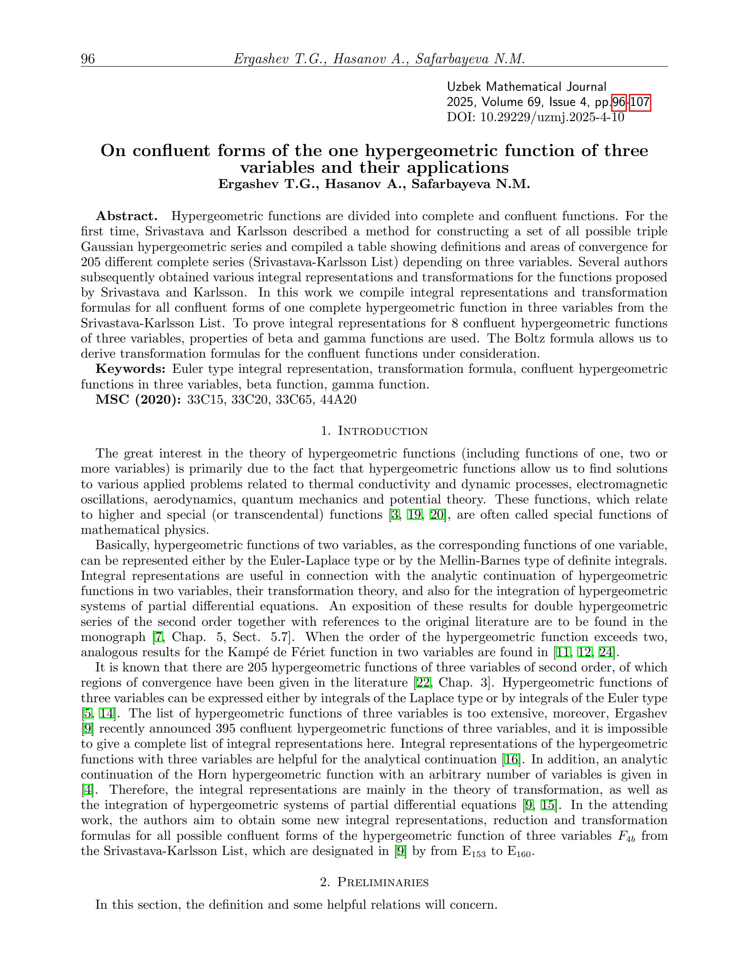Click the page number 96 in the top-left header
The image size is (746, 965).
click(x=87, y=59)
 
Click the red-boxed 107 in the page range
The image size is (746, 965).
click(x=640, y=102)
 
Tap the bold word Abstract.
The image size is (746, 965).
click(x=127, y=216)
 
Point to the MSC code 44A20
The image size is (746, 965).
click(x=340, y=400)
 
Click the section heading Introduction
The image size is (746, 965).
click(x=383, y=431)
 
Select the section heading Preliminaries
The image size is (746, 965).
click(x=383, y=882)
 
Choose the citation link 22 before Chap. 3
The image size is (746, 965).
click(x=423, y=682)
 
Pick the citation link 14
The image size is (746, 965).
click(x=106, y=713)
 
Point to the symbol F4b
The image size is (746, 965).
click(x=627, y=836)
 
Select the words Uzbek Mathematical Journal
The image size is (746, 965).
click(x=526, y=87)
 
